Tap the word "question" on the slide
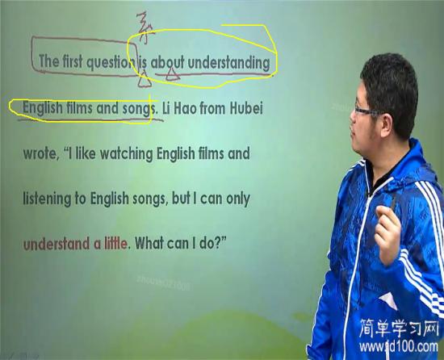coord(110,61)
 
